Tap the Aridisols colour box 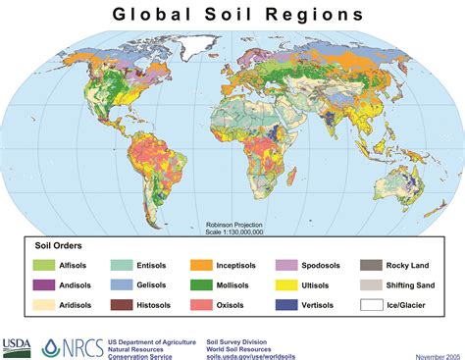tap(43, 305)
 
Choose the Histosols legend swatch tap(122, 305)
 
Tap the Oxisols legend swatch tap(202, 305)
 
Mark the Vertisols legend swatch tap(286, 305)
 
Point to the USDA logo tap(17, 344)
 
